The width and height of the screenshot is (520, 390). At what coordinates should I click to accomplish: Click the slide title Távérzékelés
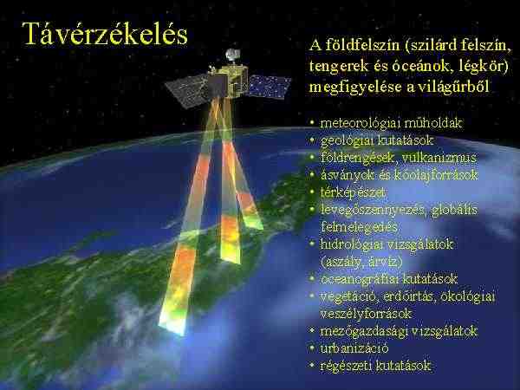(x=105, y=34)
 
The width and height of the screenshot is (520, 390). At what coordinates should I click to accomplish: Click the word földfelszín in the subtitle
(x=362, y=45)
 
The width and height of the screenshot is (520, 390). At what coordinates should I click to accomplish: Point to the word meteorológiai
(x=360, y=123)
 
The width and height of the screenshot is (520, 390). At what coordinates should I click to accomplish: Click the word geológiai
(x=347, y=140)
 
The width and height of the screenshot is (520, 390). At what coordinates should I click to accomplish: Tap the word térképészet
(x=354, y=192)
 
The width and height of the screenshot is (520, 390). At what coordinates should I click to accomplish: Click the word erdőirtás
(x=409, y=296)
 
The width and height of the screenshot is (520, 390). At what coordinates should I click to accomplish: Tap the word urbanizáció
(x=354, y=348)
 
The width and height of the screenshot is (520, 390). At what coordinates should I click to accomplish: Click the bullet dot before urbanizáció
(x=312, y=348)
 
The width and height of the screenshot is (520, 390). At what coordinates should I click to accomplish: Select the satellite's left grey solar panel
(x=186, y=90)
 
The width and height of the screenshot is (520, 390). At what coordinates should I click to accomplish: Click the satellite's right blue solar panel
(x=269, y=87)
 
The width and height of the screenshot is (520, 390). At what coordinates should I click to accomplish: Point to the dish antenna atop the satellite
(x=231, y=55)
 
